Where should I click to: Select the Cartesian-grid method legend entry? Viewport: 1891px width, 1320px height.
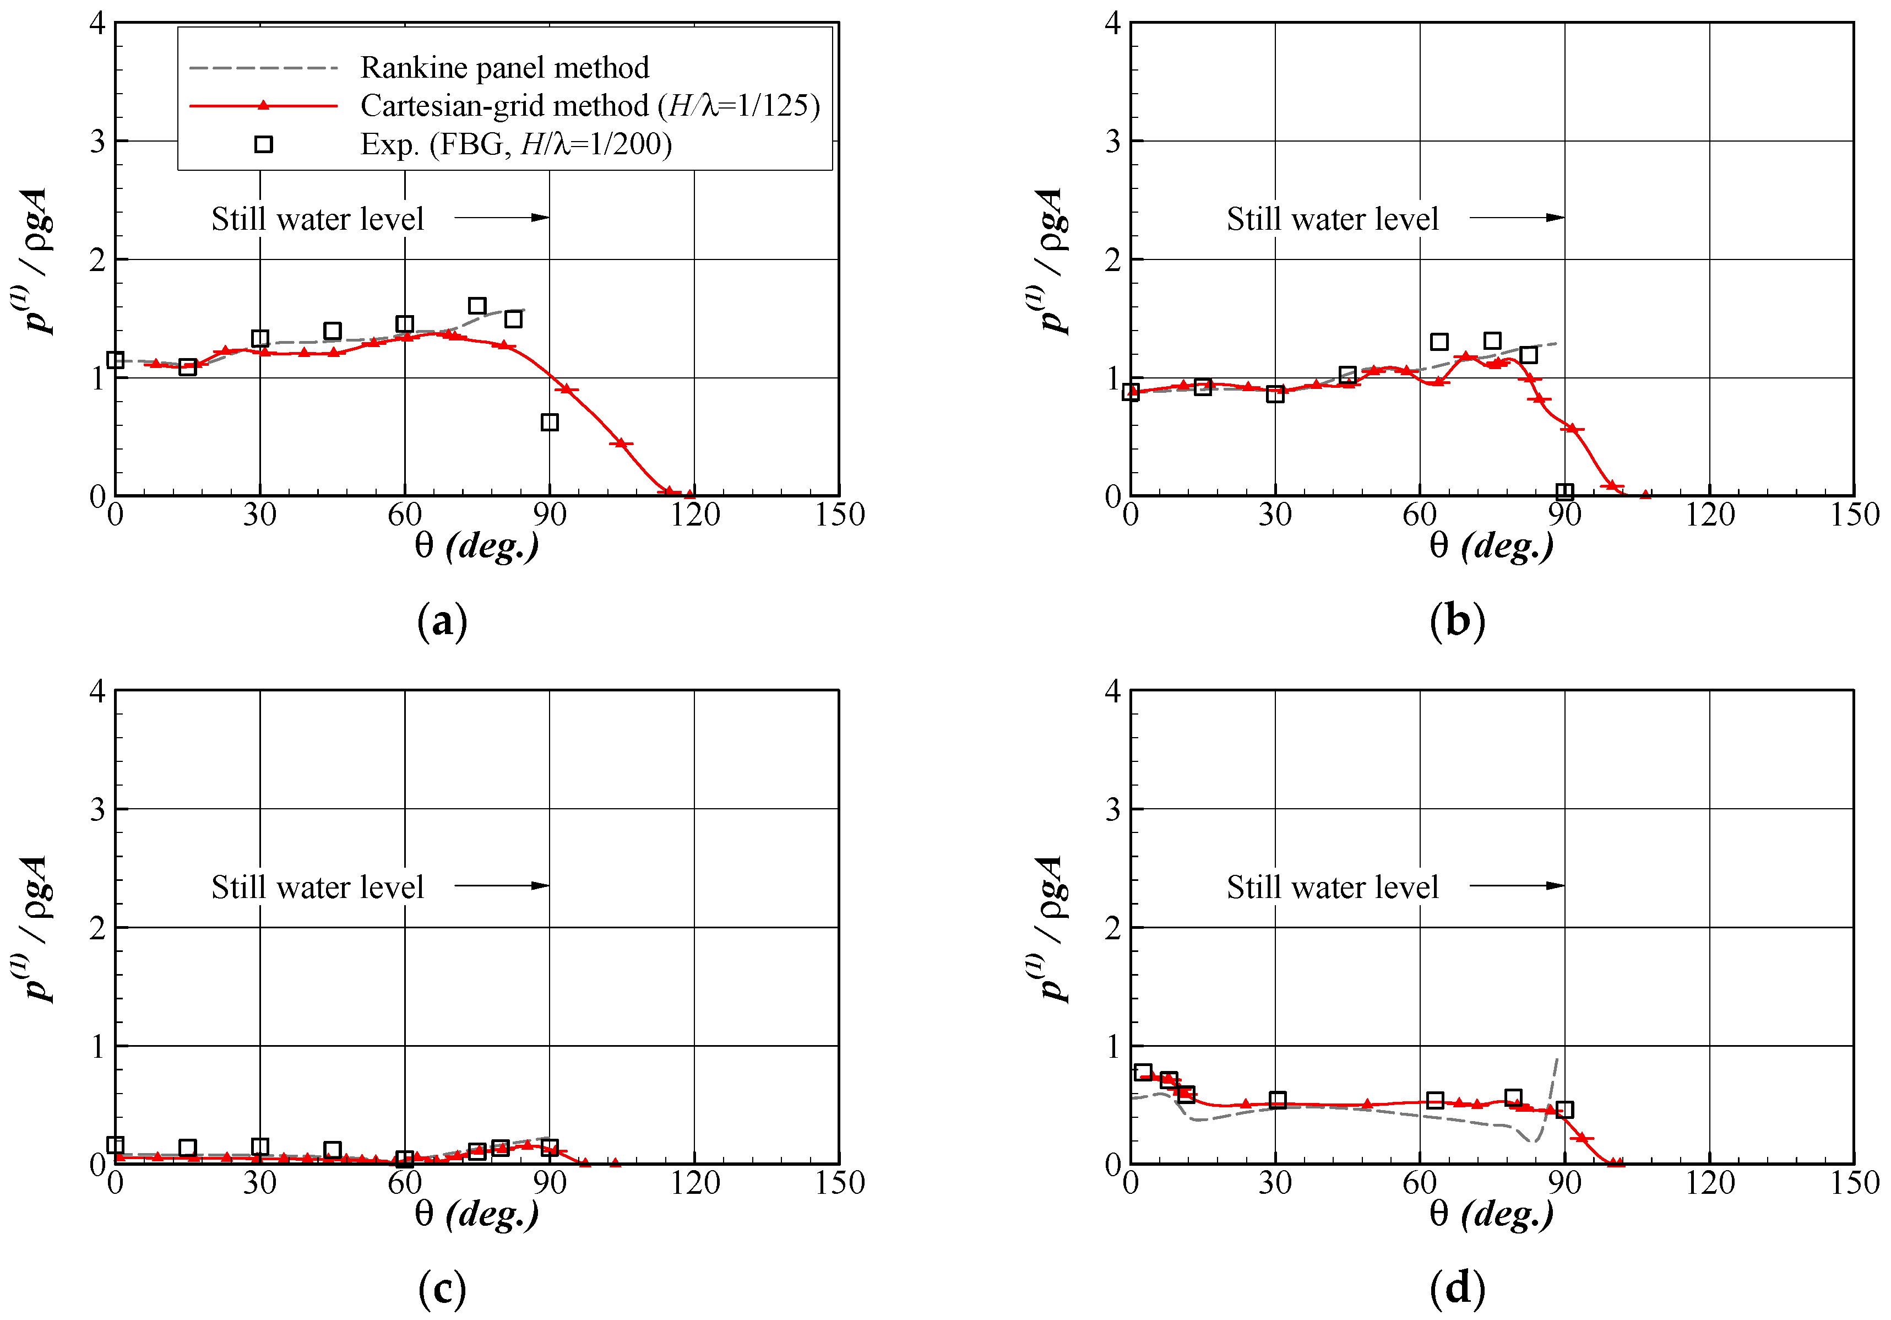point(590,105)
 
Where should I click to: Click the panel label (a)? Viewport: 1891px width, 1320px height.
point(442,620)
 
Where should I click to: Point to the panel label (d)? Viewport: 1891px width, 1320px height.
point(1457,1288)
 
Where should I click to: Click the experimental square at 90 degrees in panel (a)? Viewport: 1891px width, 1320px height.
point(550,422)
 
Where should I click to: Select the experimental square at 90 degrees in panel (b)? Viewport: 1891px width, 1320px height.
point(1564,492)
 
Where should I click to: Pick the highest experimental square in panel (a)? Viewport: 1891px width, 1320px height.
point(477,306)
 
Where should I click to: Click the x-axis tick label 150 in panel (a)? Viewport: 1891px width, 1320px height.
point(839,515)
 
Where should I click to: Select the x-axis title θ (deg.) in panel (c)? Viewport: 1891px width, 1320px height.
point(476,1213)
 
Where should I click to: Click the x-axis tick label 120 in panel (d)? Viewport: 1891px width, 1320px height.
point(1709,1183)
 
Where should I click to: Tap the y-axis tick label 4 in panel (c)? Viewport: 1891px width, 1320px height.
point(97,691)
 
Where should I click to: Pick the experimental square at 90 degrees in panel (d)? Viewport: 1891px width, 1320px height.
point(1564,1109)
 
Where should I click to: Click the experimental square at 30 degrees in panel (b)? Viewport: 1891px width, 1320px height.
point(1275,394)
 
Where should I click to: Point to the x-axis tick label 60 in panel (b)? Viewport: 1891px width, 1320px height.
point(1419,515)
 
